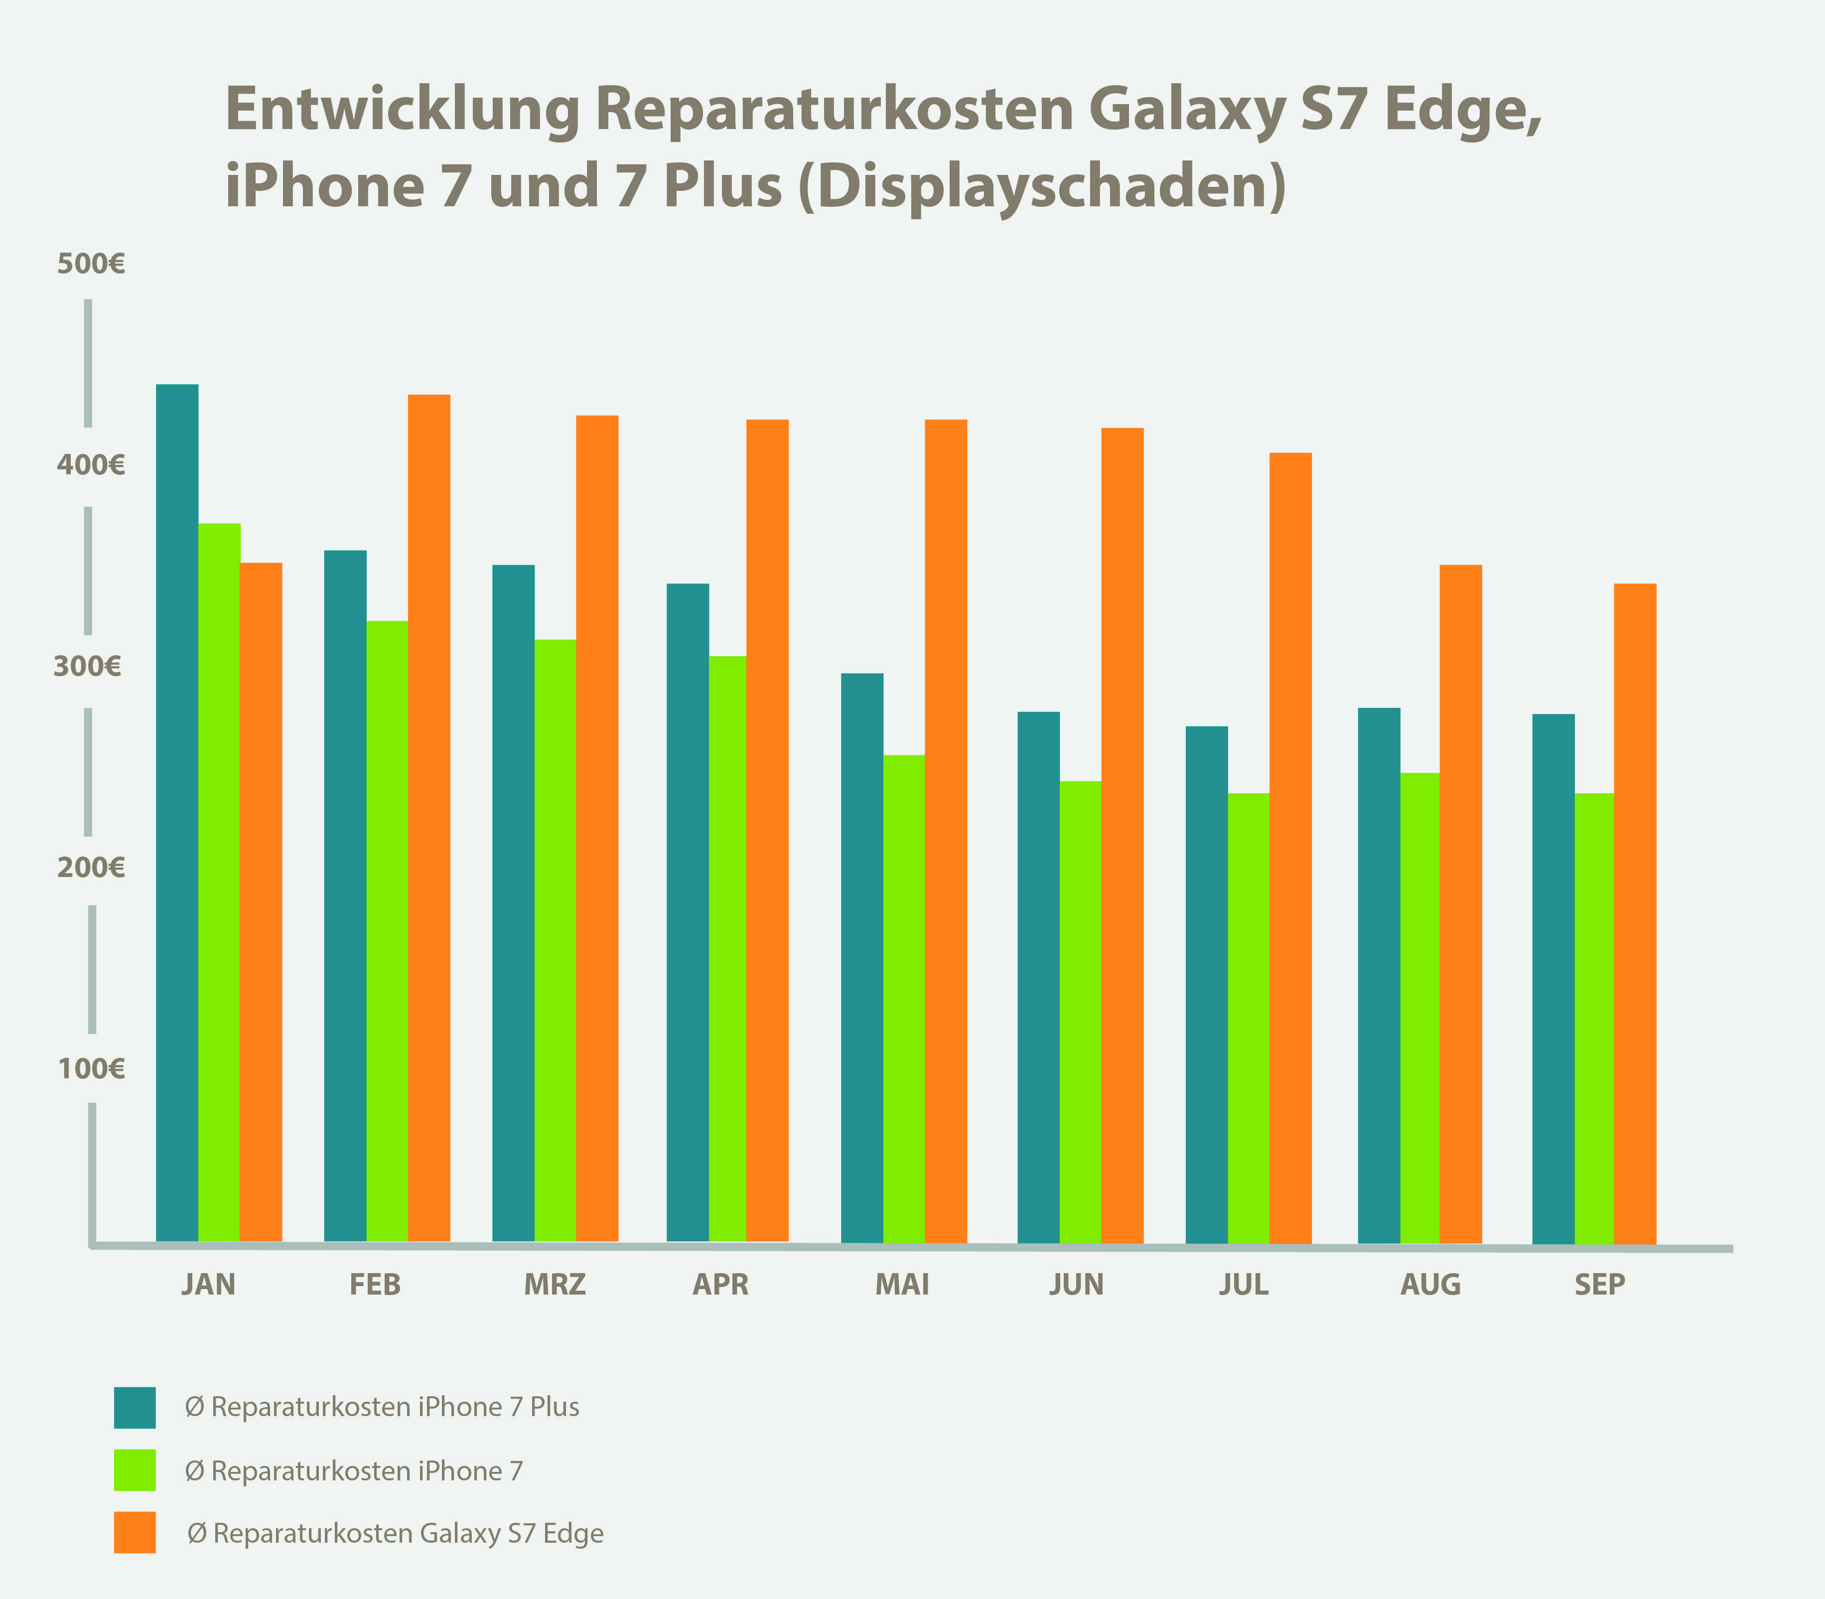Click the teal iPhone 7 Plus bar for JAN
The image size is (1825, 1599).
pos(176,812)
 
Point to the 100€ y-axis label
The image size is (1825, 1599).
pos(91,1068)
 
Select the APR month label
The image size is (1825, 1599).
pos(721,1285)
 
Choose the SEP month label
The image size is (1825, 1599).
pos(1599,1285)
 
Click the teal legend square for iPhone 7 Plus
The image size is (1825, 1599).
pos(135,1407)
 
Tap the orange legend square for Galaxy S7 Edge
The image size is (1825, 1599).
pos(135,1532)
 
